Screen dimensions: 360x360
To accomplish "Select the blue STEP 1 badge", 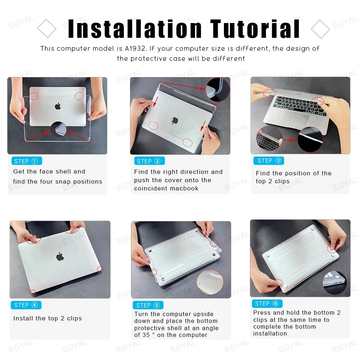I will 26,161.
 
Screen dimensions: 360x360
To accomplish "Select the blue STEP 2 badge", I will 149,161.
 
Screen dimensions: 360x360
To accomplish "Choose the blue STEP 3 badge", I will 269,161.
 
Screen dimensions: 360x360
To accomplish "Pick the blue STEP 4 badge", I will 26,305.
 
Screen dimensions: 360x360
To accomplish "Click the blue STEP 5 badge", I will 148,305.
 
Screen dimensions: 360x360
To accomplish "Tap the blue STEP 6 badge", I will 267,303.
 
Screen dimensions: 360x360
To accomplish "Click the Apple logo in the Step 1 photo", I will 58,106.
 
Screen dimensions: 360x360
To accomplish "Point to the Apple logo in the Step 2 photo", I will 175,120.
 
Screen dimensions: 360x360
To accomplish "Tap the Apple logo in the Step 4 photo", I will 60,256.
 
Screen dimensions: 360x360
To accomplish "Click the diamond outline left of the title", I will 47,29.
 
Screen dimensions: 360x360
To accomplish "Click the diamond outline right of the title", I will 320,29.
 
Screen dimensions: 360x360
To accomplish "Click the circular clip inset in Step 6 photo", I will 334,283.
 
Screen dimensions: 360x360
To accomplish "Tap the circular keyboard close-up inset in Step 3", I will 269,138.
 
